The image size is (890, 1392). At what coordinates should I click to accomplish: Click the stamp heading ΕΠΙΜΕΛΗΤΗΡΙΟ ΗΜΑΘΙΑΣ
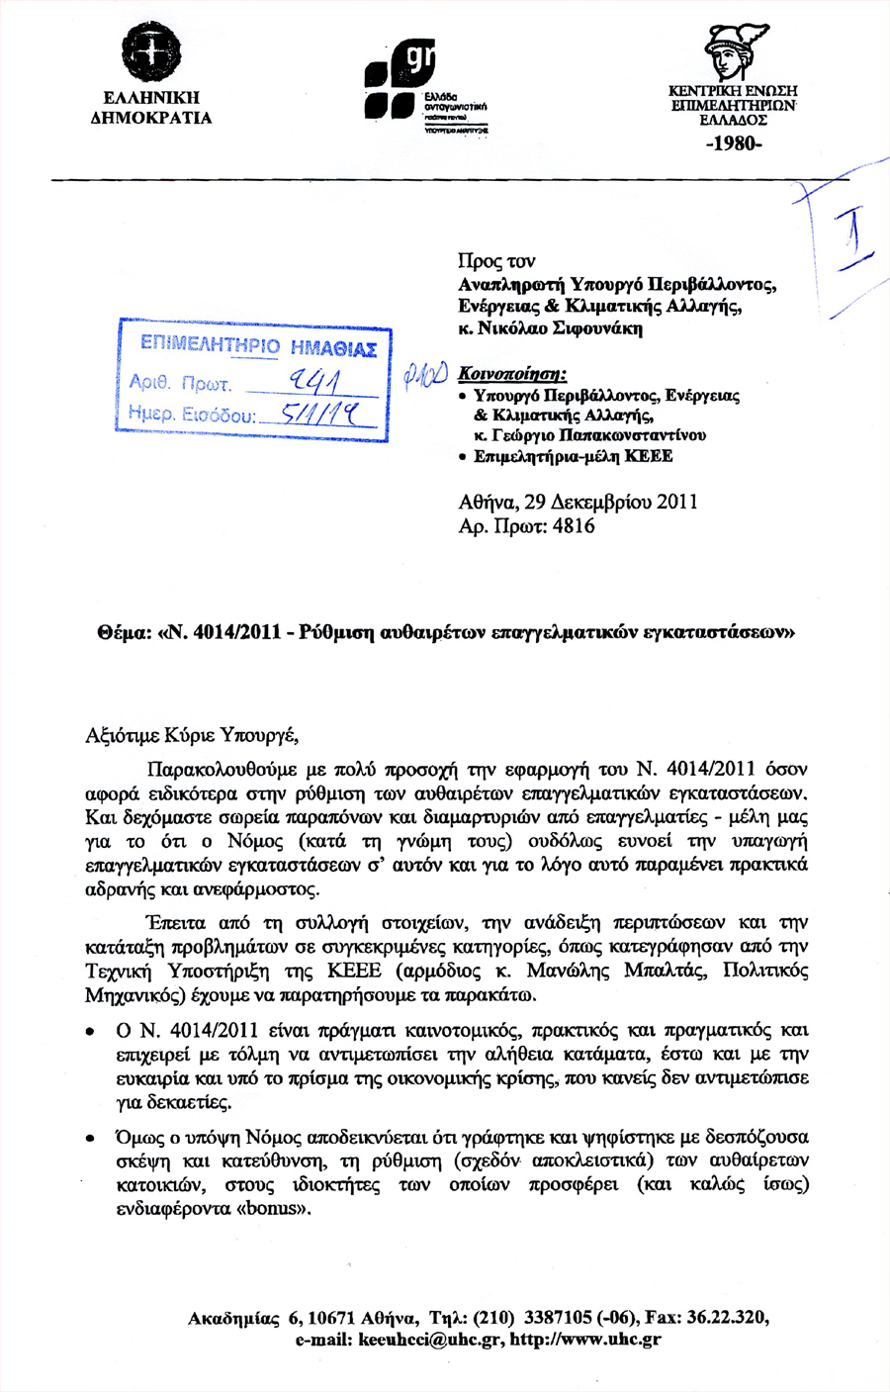tap(258, 347)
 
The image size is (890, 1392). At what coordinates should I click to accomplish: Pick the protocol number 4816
tap(574, 525)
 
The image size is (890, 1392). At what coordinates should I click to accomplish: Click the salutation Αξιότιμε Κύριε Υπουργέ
tap(192, 735)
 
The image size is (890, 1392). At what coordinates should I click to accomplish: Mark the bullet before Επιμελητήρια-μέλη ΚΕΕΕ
tap(463, 457)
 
